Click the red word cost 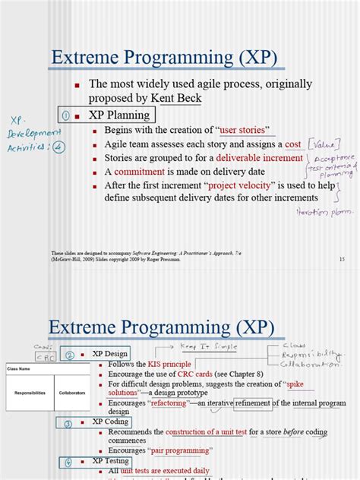[x=293, y=144]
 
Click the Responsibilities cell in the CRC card [x=28, y=393]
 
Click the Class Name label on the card [x=20, y=368]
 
